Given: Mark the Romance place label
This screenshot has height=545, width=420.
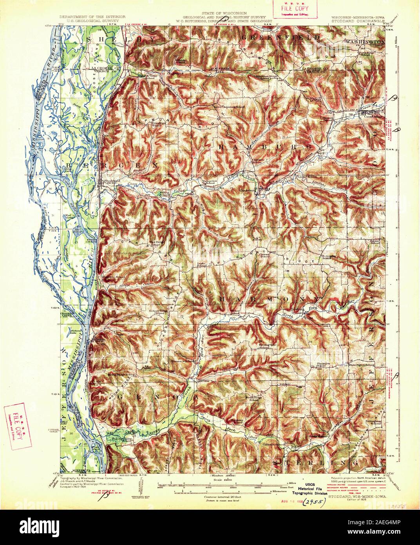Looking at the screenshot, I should point(205,380).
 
